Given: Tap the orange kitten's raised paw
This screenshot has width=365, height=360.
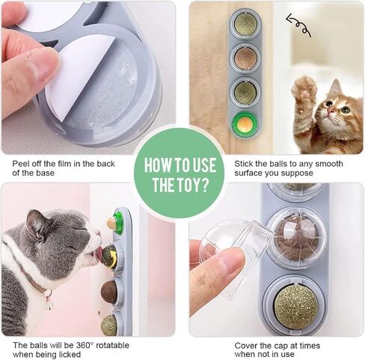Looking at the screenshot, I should (304, 89).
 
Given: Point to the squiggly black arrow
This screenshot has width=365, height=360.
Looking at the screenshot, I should (298, 28).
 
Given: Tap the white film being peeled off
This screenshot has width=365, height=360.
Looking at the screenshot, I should (75, 75).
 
